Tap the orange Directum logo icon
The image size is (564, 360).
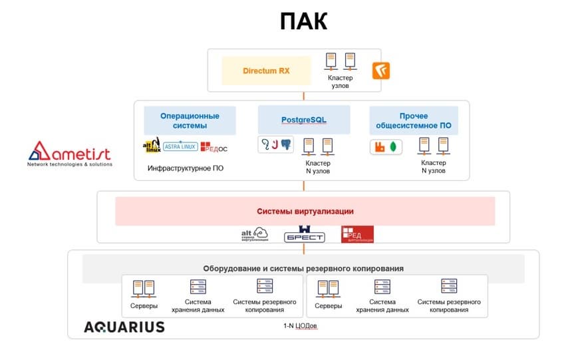381,71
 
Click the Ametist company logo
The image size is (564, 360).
69,152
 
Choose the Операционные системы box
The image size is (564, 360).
190,120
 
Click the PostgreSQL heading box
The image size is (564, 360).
303,120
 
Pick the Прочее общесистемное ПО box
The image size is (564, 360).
414,120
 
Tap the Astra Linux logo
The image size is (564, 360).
180,146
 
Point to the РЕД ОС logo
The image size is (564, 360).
214,146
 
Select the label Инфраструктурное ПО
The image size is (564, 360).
186,168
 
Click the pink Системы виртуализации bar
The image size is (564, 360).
305,211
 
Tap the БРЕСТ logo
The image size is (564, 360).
304,236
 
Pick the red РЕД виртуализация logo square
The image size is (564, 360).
357,234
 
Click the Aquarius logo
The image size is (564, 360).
124,327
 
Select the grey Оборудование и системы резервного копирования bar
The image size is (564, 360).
303,268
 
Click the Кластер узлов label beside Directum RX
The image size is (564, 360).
340,82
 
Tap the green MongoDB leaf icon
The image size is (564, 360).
394,146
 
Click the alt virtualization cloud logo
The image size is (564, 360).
254,234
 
